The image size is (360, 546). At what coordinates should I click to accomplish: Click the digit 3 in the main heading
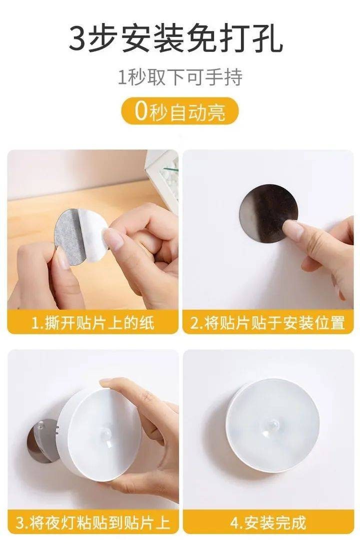76,38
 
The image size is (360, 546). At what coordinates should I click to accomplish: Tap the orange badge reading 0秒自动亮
180,111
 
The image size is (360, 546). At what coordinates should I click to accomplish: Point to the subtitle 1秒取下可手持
180,77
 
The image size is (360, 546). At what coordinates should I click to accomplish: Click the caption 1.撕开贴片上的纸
92,323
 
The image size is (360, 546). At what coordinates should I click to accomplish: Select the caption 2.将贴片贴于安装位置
267,323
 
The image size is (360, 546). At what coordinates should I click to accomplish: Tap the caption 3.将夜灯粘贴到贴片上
92,523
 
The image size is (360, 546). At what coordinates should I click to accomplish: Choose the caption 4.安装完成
268,523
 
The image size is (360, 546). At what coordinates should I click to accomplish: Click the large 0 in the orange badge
141,111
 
